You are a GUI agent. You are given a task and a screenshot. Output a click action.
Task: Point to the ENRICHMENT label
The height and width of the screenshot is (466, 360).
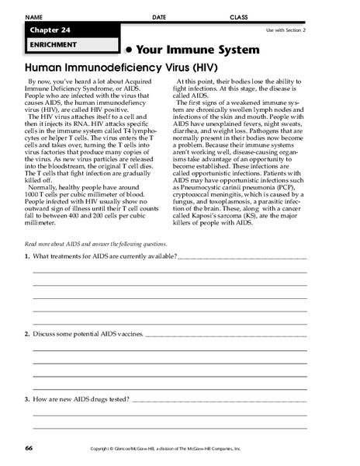[50, 45]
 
